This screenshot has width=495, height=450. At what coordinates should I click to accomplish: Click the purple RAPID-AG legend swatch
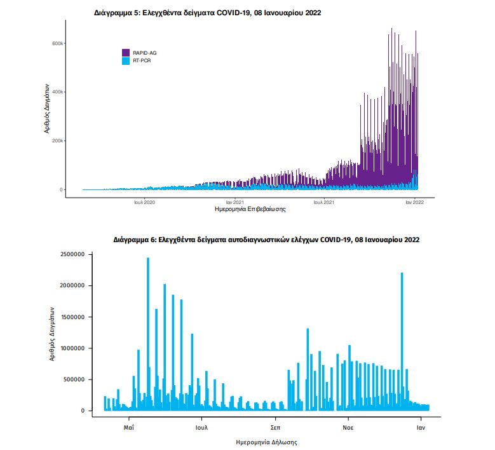pyautogui.click(x=126, y=52)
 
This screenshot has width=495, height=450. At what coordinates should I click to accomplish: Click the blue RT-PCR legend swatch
pyautogui.click(x=126, y=60)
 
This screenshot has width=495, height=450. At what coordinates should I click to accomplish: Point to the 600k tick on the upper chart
pyautogui.click(x=57, y=43)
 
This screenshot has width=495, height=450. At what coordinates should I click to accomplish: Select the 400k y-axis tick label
pyautogui.click(x=57, y=92)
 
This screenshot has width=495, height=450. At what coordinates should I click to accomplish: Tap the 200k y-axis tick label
pyautogui.click(x=57, y=140)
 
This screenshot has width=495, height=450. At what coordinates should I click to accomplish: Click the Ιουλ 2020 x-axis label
pyautogui.click(x=144, y=202)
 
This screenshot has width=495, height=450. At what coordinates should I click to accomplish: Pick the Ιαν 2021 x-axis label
pyautogui.click(x=234, y=202)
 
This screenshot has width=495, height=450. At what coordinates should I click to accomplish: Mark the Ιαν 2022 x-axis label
pyautogui.click(x=415, y=202)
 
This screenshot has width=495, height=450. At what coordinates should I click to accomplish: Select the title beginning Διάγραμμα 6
pyautogui.click(x=266, y=240)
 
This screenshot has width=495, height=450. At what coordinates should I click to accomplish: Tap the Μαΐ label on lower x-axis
pyautogui.click(x=129, y=428)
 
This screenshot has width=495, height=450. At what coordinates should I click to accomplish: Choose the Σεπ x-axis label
pyautogui.click(x=275, y=428)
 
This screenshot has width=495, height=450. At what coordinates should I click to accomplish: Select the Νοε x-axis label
pyautogui.click(x=348, y=428)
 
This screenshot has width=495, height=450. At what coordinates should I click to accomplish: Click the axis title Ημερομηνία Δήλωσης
pyautogui.click(x=266, y=441)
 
